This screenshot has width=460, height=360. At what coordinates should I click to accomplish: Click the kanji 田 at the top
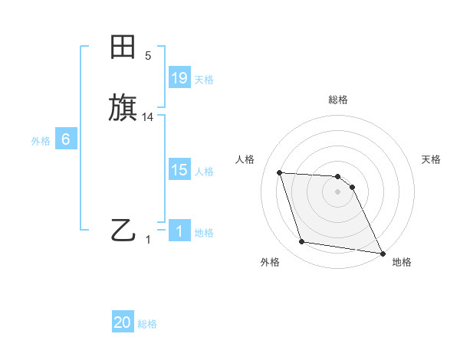[123, 48]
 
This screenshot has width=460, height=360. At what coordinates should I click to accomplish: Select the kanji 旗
[123, 107]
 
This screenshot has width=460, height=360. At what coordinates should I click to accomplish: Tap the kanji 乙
[123, 230]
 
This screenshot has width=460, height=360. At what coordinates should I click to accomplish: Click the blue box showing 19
[179, 78]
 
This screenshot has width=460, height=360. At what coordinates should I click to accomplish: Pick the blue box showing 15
[179, 171]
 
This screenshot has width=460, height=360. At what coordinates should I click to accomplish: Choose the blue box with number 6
[65, 139]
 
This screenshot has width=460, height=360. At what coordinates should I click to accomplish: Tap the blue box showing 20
[123, 322]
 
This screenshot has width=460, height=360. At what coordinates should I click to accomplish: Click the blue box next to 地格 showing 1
[179, 231]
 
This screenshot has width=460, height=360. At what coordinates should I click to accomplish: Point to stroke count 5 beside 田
[148, 55]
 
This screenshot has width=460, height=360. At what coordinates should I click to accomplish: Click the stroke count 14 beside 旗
[148, 117]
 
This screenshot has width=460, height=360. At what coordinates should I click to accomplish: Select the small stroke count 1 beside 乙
[148, 240]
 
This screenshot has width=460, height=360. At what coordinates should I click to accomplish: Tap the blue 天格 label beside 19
[204, 80]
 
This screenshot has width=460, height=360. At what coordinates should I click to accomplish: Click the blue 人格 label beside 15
[204, 172]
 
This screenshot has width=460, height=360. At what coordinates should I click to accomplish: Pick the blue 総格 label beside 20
[147, 324]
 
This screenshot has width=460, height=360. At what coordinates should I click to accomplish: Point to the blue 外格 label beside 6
[41, 141]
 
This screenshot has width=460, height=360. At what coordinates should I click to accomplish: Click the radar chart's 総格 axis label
[338, 100]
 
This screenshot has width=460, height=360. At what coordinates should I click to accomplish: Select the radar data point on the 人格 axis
[280, 172]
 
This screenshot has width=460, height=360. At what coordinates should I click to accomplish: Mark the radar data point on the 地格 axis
[382, 252]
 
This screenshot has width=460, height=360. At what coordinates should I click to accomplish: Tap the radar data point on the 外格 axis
[302, 242]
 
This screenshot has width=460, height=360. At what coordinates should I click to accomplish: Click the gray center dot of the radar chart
[338, 191]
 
